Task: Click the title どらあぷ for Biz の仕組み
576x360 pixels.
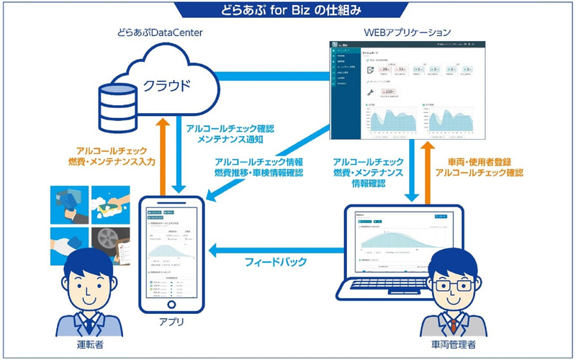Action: (x=288, y=11)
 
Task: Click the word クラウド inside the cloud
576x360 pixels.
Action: (x=164, y=86)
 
